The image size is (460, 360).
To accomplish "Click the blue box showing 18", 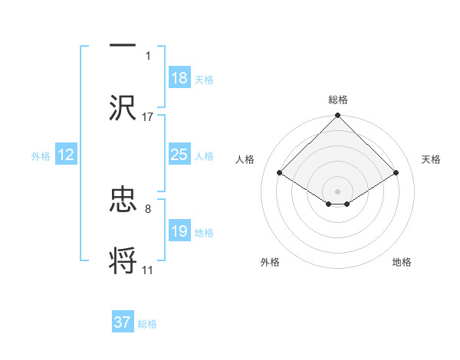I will [179, 78].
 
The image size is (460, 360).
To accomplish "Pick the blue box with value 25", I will [179, 155].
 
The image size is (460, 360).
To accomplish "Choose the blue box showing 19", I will [179, 231].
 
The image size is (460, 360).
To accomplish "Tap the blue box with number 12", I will [66, 155].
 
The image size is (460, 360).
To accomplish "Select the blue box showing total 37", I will [123, 322].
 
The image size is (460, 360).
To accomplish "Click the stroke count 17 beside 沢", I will [148, 116].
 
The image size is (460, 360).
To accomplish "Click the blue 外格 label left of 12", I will [41, 155].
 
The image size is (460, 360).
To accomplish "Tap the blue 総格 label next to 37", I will [147, 324].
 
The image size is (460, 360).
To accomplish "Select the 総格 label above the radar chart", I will [337, 100].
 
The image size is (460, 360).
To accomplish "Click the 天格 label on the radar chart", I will [432, 159].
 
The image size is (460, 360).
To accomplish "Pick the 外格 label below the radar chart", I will [270, 262].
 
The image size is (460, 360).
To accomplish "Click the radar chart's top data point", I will [337, 116].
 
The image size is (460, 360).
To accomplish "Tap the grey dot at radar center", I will [337, 191].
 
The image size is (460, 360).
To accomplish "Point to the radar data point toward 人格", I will [280, 172].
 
